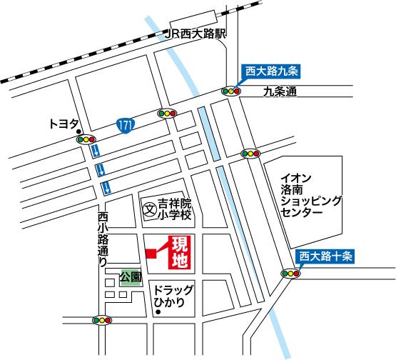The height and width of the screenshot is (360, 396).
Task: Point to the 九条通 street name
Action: pos(278,91)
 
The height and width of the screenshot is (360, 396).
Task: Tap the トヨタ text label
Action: pos(64,124)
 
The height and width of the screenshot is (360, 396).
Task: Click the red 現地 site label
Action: pos(178,254)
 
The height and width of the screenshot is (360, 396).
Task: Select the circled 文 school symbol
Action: pos(149,211)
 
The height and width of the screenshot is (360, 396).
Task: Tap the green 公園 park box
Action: pos(131,276)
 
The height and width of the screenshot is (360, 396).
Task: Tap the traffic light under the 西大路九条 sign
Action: pos(232,91)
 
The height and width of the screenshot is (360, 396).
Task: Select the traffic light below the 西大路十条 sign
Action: pos(291,273)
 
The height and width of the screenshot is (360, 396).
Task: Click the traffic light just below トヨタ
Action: pos(86,140)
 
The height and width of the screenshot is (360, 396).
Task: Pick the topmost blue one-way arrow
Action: pos(95,151)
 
